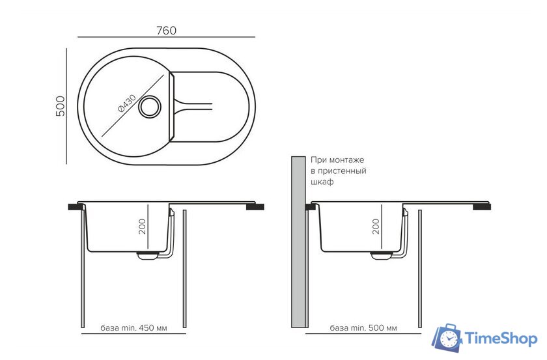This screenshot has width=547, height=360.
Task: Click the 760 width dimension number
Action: [x=166, y=31]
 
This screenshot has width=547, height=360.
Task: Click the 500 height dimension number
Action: [x=60, y=106]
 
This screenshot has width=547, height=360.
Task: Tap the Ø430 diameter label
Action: [x=127, y=104]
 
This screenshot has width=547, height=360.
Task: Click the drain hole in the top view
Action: [x=150, y=107]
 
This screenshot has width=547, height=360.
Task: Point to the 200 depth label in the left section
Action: [x=142, y=227]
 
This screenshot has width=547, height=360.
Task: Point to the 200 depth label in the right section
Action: [x=376, y=227]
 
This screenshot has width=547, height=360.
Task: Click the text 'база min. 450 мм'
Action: [x=133, y=328]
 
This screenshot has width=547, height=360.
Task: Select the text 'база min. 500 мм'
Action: [x=363, y=328]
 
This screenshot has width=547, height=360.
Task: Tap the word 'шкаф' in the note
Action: [x=322, y=182]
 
